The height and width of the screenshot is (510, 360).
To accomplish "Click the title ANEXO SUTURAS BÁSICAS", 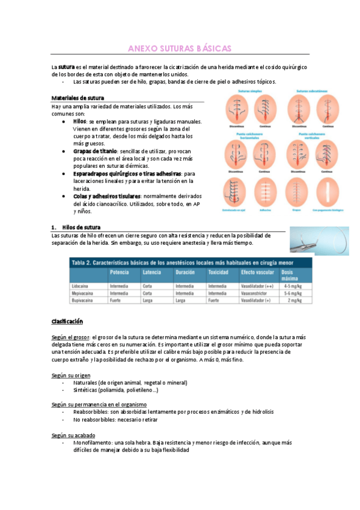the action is coord(180,48).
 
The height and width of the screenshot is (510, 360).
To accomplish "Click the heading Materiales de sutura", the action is coord(78,97).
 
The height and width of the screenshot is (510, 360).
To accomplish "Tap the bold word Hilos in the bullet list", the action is coord(80,121).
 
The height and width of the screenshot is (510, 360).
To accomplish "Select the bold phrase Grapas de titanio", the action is coord(95,151).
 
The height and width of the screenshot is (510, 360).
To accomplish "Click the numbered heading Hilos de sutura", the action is coord(81,227).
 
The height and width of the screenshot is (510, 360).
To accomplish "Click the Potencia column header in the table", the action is coord(120,272).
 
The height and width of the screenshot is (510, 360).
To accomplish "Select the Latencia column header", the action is coord(151,272).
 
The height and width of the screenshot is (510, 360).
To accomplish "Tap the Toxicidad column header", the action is coord(219,272).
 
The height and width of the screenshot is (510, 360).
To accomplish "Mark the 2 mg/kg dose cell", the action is coord(297,300).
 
